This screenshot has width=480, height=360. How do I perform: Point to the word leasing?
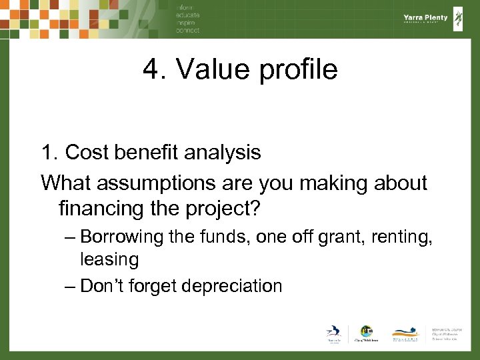[109, 259]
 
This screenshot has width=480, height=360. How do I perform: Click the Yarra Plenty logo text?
[425, 18]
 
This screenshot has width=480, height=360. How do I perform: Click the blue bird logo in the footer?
[333, 333]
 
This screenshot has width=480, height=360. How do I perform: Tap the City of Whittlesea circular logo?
[365, 331]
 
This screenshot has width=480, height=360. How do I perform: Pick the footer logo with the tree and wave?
[405, 333]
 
